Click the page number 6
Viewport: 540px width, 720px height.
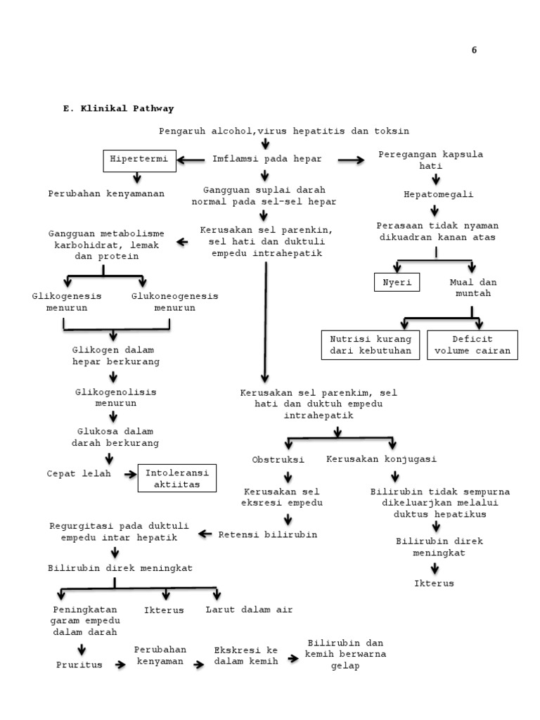474,50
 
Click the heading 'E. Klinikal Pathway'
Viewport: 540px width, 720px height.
119,109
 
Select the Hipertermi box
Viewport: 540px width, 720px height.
139,160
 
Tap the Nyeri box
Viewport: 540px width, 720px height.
397,283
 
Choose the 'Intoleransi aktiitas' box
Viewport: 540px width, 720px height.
177,479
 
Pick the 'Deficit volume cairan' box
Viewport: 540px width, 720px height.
472,345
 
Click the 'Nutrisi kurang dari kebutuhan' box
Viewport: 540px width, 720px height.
371,345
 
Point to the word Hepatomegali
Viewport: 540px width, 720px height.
439,194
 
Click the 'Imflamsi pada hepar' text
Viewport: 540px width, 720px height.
267,160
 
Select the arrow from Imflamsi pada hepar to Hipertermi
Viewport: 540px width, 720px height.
191,160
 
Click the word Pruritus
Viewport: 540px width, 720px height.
79,664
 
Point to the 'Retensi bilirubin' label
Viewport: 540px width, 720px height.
268,534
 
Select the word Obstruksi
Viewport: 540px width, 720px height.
278,459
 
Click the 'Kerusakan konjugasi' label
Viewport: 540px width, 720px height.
382,459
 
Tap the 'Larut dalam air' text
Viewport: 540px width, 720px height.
249,610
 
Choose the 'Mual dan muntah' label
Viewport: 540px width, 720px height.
472,288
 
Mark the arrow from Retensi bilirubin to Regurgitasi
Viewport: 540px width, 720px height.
205,534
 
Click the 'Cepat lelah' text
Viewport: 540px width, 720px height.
79,474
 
